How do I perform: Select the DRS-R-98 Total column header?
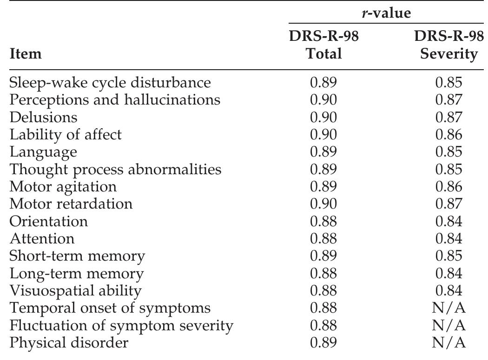pyautogui.click(x=323, y=45)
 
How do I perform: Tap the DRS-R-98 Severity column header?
pyautogui.click(x=448, y=45)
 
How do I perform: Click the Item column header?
pyautogui.click(x=26, y=54)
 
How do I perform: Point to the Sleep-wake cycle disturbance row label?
pyautogui.click(x=110, y=82)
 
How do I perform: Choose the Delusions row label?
pyautogui.click(x=43, y=117)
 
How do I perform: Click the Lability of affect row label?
pyautogui.click(x=66, y=134)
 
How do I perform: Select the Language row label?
pyautogui.click(x=43, y=152)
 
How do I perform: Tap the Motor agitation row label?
pyautogui.click(x=63, y=186)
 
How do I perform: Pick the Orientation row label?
pyautogui.click(x=49, y=221)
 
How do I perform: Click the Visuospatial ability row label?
pyautogui.click(x=75, y=291)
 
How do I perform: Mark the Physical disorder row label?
pyautogui.click(x=69, y=343)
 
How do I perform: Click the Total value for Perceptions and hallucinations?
pyautogui.click(x=323, y=99)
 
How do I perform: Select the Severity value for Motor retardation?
pyautogui.click(x=448, y=203)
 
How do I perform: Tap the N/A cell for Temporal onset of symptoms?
pyautogui.click(x=448, y=308)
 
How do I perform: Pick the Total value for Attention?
pyautogui.click(x=323, y=238)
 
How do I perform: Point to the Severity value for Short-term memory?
pyautogui.click(x=448, y=256)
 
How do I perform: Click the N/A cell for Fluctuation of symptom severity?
pyautogui.click(x=448, y=326)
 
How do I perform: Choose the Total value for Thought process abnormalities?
pyautogui.click(x=323, y=169)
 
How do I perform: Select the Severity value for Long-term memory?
pyautogui.click(x=448, y=273)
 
